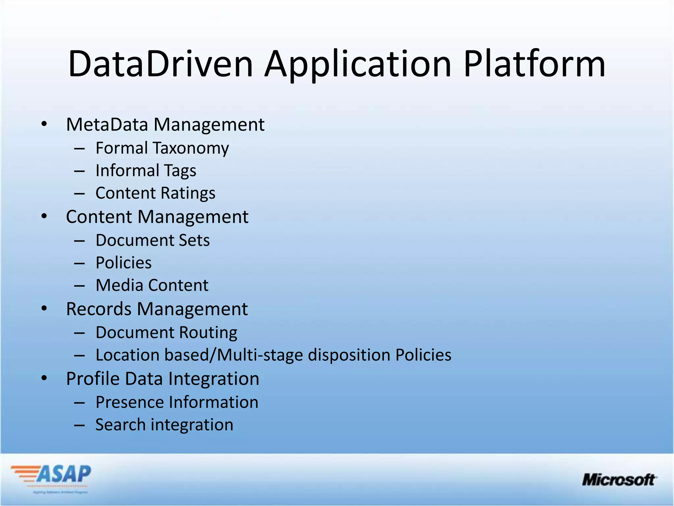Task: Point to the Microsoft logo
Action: [619, 480]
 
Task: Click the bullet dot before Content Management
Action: [44, 216]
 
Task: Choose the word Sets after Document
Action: [194, 240]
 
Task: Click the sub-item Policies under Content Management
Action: [123, 263]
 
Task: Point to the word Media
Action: [119, 285]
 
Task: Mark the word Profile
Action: [93, 379]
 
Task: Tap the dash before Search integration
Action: [80, 425]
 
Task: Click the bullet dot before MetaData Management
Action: [44, 124]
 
